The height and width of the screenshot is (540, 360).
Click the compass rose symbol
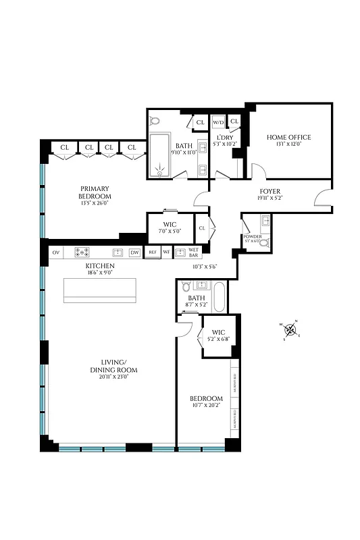290,330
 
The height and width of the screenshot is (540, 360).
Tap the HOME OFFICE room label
288,137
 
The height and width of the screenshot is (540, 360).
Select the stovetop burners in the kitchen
82,253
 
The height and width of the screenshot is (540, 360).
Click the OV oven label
55,253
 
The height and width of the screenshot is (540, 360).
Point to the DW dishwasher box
134,253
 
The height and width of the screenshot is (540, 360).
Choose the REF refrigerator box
153,253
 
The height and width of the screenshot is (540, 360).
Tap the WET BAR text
193,253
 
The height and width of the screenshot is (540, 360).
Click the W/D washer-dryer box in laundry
218,123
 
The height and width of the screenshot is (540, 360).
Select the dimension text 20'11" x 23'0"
113,377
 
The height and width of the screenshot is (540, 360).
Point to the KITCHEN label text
99,267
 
